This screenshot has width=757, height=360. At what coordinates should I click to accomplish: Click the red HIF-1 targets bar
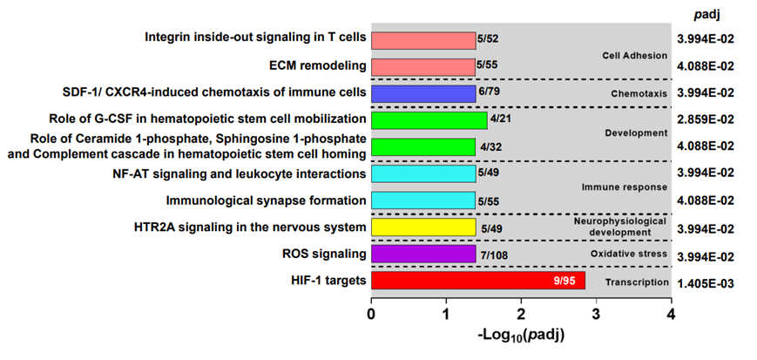[x=477, y=281]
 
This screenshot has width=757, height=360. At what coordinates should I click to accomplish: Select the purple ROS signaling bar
[x=423, y=254]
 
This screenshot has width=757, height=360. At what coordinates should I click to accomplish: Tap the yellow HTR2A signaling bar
[x=423, y=228]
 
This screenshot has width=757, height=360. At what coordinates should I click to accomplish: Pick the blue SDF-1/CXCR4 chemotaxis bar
[x=423, y=93]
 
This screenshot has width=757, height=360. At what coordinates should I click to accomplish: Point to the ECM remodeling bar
[x=423, y=66]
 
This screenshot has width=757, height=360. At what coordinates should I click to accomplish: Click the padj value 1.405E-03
[x=706, y=282]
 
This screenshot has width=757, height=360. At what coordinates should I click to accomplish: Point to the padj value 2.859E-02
[x=706, y=119]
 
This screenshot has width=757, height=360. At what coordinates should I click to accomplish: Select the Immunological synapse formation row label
[x=266, y=200]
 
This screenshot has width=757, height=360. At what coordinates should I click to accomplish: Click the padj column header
[x=706, y=14]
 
